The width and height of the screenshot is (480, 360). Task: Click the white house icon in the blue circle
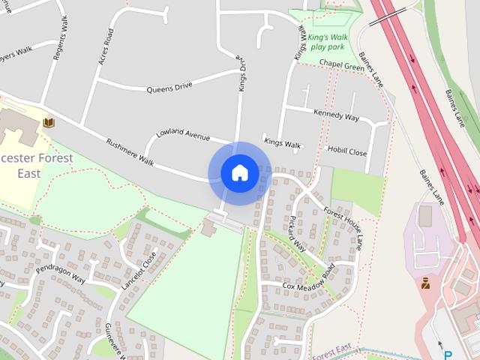coord(240,173)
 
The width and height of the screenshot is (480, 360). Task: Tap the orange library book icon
coord(49,122)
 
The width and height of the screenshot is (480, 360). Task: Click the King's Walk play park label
coord(328,40)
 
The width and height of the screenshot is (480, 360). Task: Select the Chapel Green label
coord(341,65)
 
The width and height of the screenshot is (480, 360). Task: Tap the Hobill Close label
coord(347,151)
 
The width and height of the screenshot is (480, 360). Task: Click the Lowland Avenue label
coord(182,135)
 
